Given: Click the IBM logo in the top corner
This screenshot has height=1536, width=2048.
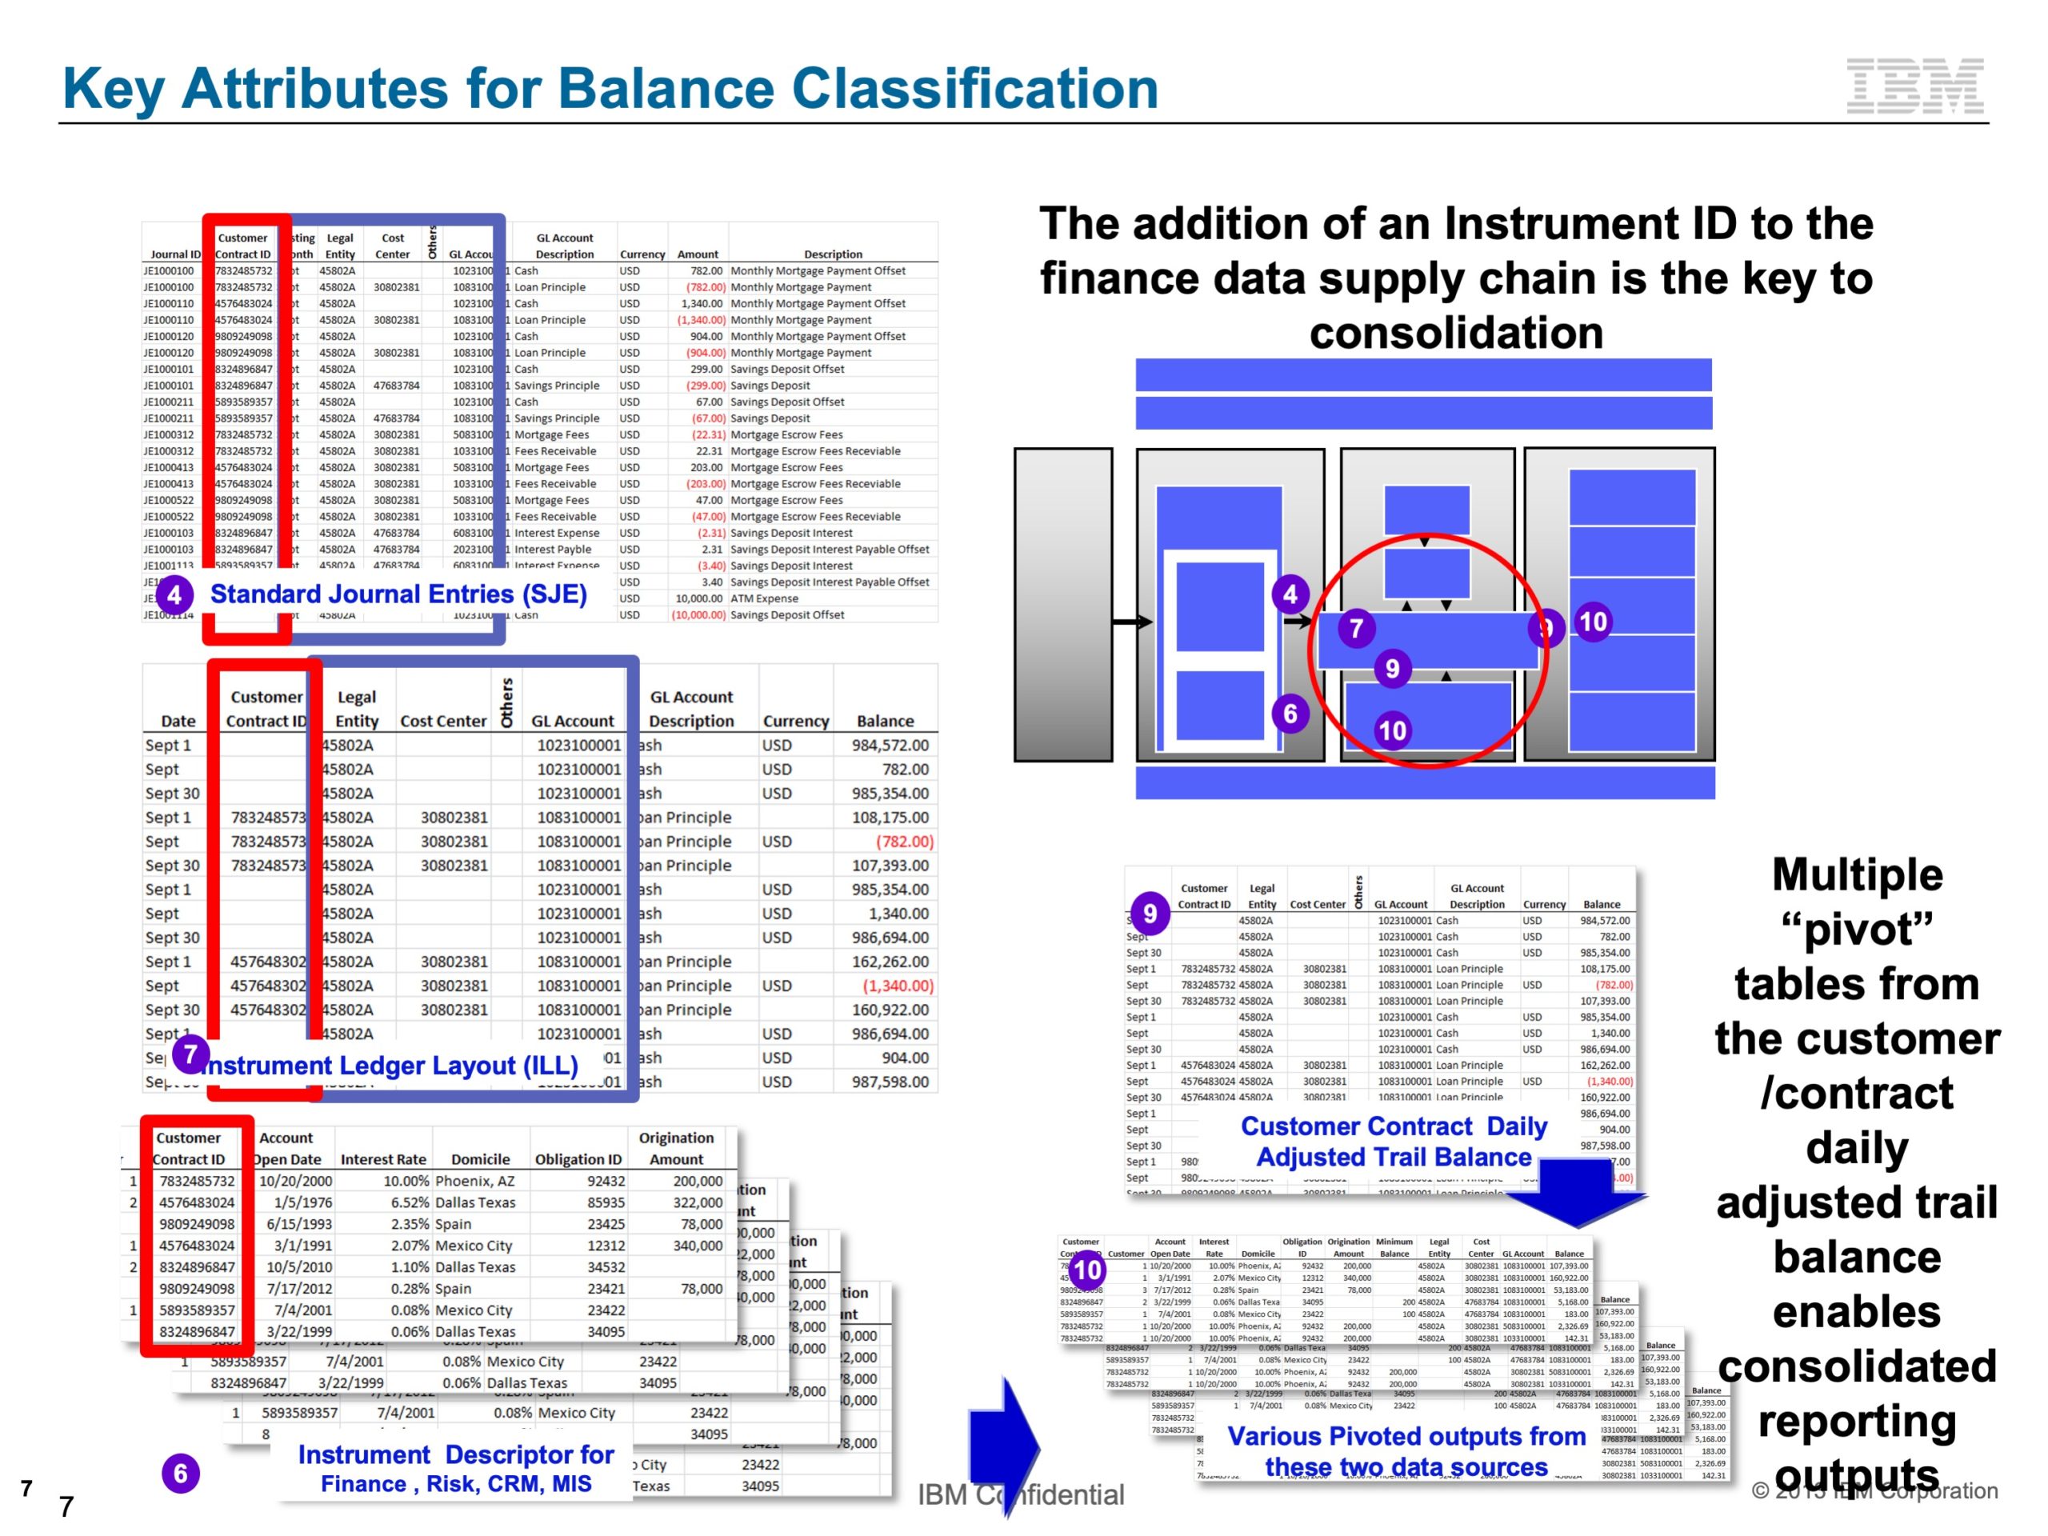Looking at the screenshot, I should [x=1914, y=86].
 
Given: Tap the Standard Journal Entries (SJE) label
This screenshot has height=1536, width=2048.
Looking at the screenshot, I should [x=398, y=594].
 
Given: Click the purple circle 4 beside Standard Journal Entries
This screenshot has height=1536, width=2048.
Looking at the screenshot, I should [x=174, y=595].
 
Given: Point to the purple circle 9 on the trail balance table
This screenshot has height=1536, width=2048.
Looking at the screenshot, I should [x=1149, y=914].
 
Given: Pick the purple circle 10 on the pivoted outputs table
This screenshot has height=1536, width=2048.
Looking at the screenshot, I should [x=1087, y=1270].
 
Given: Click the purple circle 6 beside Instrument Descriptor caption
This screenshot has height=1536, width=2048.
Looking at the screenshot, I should [x=181, y=1473].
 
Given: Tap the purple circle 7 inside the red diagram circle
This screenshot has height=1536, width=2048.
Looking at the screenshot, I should [x=1356, y=629].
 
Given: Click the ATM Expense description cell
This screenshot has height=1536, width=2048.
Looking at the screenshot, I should [x=764, y=599].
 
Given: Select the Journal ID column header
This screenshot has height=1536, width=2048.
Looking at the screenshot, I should [x=175, y=254].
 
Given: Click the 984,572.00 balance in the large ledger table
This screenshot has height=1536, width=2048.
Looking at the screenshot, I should [x=890, y=746].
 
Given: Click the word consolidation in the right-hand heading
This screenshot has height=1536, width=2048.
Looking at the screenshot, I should [x=1455, y=332].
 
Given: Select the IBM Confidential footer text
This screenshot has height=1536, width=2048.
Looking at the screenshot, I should [x=1020, y=1494].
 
